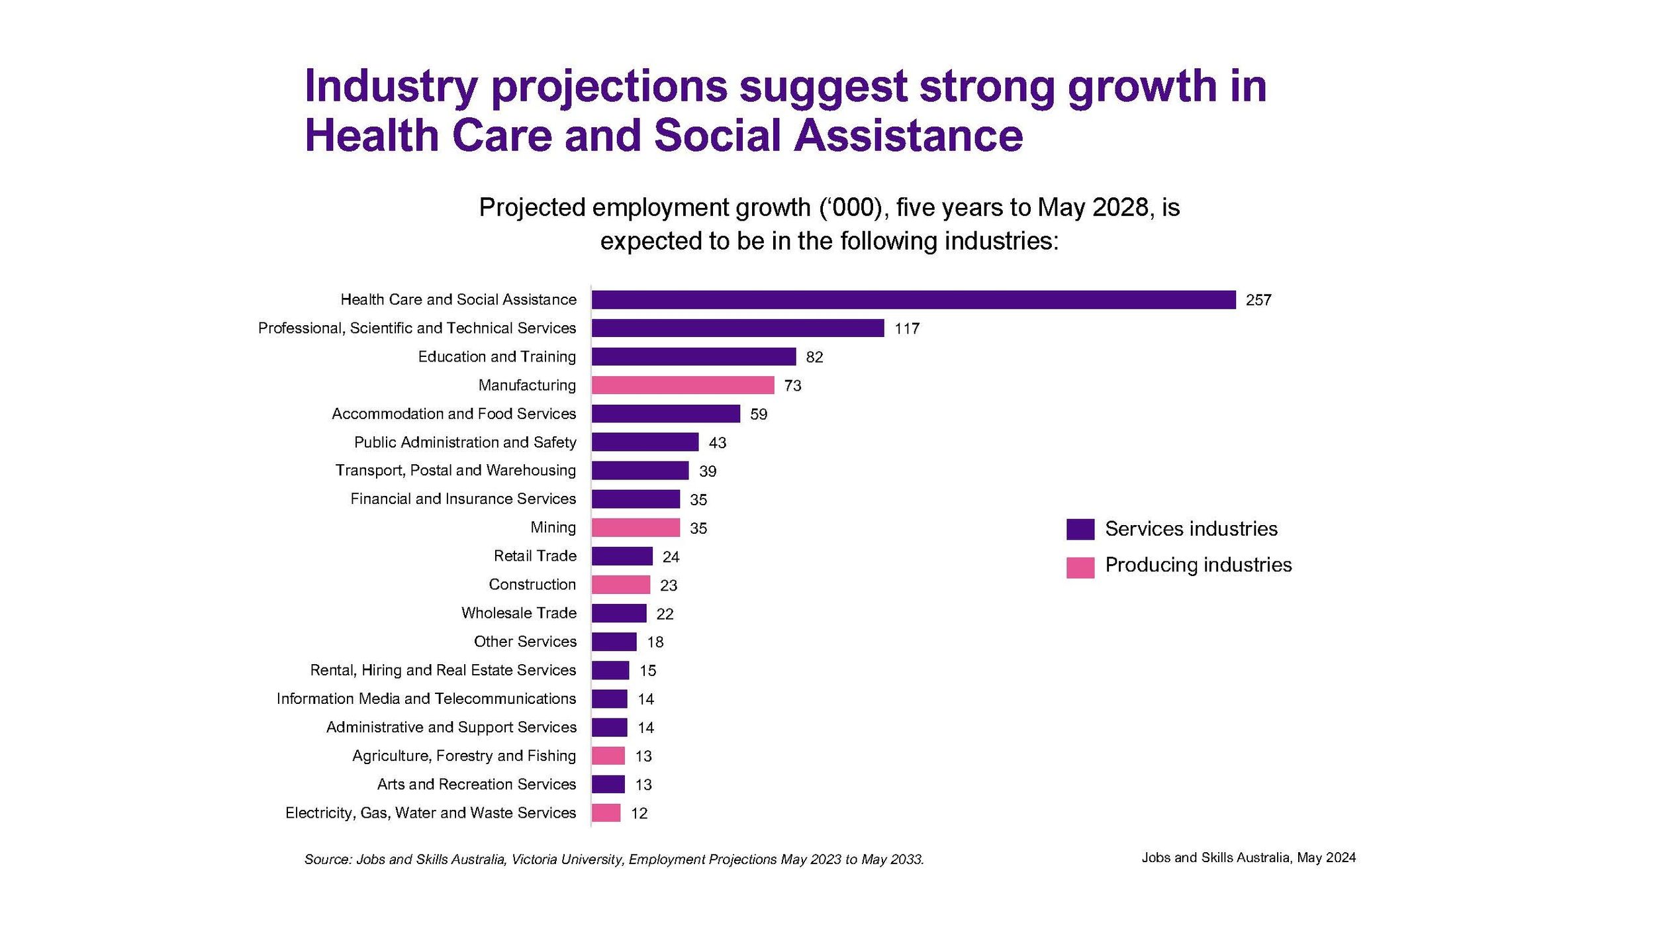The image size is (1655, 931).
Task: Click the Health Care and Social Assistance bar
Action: point(914,300)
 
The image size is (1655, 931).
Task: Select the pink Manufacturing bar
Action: point(683,385)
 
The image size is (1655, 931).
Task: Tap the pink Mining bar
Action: point(636,528)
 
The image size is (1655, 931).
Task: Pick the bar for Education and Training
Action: point(694,357)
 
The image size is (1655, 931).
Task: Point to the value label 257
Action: point(1258,301)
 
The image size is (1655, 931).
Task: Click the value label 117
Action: point(907,329)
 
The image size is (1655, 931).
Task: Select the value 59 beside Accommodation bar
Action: point(759,415)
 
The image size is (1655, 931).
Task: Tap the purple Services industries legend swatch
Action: point(1080,529)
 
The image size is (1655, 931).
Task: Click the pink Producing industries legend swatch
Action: point(1080,567)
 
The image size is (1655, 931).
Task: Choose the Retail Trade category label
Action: point(535,556)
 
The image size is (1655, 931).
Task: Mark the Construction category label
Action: point(532,585)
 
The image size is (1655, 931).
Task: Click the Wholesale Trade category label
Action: point(519,613)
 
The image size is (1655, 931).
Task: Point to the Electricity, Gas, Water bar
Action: point(606,812)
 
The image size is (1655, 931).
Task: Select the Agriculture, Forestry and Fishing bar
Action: point(608,756)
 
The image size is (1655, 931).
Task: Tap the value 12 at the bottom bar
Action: point(639,813)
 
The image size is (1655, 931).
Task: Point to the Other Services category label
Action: point(525,642)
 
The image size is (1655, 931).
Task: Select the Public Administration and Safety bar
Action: point(645,442)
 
